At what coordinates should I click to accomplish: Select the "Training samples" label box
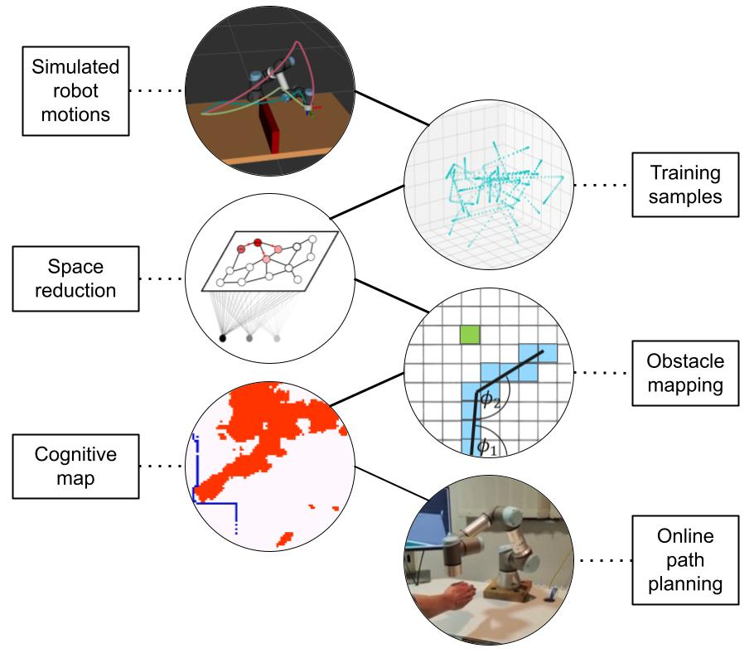684,184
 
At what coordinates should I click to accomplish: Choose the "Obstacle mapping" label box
684,372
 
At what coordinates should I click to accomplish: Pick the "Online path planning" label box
684,560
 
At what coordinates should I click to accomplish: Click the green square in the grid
471,335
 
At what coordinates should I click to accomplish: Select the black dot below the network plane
223,337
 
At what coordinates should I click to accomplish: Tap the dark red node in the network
258,243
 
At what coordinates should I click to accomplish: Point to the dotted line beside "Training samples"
602,184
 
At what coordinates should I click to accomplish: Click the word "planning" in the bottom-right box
684,583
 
